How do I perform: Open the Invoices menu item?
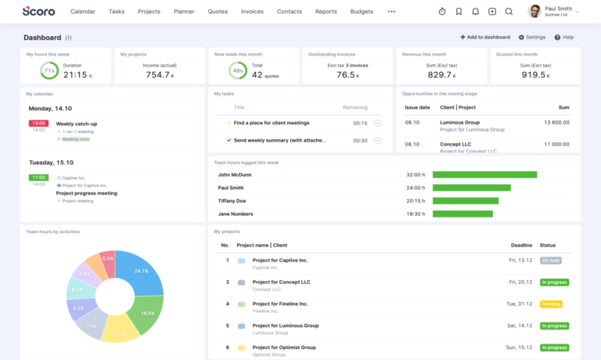tap(252, 12)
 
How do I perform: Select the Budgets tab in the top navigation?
tap(361, 12)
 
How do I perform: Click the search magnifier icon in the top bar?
tap(509, 12)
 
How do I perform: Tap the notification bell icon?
tap(475, 12)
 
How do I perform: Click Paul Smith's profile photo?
tap(534, 11)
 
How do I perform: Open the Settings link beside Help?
tap(532, 37)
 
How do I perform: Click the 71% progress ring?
tap(49, 70)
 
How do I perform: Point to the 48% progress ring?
tap(237, 70)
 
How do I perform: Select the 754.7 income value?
tap(157, 74)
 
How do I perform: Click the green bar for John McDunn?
tap(484, 175)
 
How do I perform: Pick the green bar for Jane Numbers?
tap(462, 214)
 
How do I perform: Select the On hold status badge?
tap(553, 260)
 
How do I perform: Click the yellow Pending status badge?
tap(551, 304)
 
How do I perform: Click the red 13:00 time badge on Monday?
tap(38, 123)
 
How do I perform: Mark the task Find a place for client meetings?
tap(377, 123)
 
